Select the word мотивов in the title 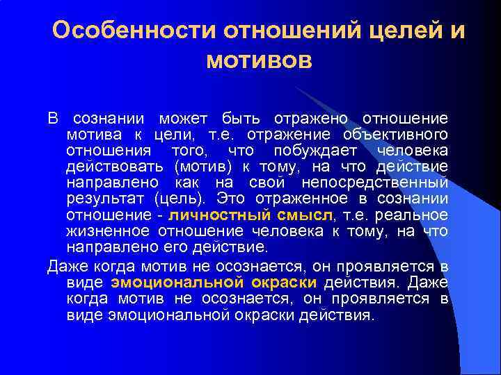coord(260,62)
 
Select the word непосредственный coord(375,183)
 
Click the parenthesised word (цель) coord(182,199)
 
